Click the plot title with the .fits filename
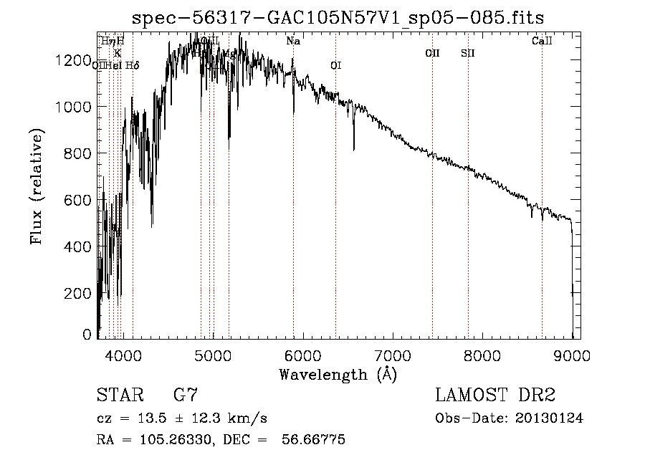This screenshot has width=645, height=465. pos(339,17)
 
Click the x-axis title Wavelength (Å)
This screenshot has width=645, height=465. pos(338,373)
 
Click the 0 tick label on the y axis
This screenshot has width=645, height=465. pos(87,334)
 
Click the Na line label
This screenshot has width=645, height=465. pos(293,42)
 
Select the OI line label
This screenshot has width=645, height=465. pos(335,66)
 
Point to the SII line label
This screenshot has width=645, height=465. pos(468,53)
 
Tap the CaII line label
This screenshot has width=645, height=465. pos(542,42)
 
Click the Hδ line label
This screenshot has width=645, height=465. pos(132,66)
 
